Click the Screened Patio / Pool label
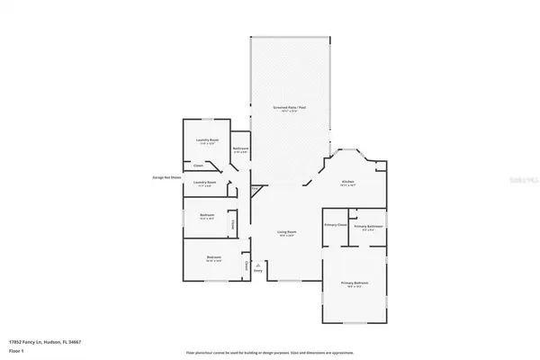coord(287,108)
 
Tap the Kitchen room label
coord(347,181)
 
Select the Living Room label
coord(287,232)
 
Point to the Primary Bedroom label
coord(355,283)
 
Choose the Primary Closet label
coord(335,224)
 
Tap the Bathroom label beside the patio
coord(240,148)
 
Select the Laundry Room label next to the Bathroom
coord(208,141)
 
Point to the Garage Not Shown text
coord(166,177)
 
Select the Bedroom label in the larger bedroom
coord(214,258)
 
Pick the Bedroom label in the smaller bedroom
coord(206,217)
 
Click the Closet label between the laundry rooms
coord(198,166)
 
